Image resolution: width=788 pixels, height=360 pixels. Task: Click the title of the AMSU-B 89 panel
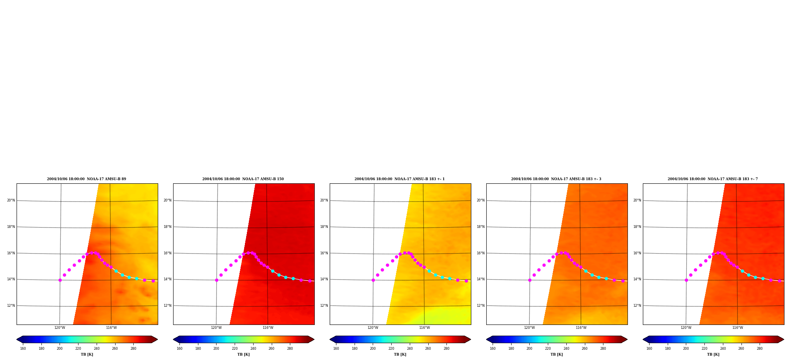point(86,179)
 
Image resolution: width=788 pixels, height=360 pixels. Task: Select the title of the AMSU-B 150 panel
point(243,179)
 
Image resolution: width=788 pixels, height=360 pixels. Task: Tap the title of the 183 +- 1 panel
point(400,179)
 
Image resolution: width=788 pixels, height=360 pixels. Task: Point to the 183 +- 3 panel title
point(556,179)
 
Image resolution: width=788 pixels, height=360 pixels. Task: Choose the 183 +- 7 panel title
point(713,179)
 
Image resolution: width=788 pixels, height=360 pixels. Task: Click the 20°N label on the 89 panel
point(11,200)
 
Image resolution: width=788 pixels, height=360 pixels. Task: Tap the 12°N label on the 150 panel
point(168,306)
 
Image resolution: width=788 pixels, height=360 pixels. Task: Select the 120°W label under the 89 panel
point(60,328)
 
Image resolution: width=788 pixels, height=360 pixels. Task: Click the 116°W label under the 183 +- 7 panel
point(738,328)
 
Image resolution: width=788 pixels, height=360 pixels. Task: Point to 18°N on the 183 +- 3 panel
point(481,227)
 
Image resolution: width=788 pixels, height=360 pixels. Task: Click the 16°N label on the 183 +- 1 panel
point(324,253)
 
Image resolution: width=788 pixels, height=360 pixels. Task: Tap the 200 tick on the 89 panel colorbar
point(60,349)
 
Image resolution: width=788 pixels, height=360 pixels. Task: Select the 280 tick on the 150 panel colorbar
point(290,349)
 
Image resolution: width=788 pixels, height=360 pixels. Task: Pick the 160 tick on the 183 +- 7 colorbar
point(649,349)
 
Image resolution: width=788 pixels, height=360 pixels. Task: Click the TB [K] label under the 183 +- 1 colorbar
point(400,354)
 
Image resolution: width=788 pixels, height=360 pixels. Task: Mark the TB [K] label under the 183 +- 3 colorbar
point(556,354)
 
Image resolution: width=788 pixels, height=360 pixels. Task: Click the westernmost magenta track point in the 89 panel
point(60,280)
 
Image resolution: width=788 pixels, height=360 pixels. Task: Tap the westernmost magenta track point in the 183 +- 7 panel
point(686,280)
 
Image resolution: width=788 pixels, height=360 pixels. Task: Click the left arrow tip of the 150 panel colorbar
point(173,339)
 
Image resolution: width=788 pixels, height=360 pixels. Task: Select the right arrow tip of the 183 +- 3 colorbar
point(627,339)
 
